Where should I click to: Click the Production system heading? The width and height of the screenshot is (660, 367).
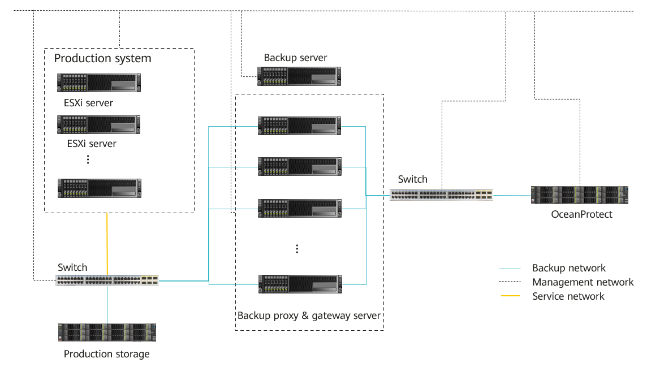pos(102,58)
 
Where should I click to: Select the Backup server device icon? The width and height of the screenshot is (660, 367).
pos(299,76)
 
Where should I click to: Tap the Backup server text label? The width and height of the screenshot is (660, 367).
pos(295,58)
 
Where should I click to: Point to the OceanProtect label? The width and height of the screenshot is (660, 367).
pos(582,214)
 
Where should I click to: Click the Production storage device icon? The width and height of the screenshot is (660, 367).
pos(107,333)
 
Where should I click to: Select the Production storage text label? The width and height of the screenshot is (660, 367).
pos(106,354)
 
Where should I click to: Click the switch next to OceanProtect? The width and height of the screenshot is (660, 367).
pos(441,195)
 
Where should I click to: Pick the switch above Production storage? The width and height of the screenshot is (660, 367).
pos(107,280)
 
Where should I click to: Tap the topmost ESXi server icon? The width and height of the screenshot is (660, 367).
pos(99,83)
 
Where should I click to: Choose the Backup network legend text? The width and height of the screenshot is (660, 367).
pos(568,268)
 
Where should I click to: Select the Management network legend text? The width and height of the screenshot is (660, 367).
pos(583,282)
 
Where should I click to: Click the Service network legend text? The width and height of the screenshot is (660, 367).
pos(568,296)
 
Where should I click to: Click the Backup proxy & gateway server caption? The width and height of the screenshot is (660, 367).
pos(309,315)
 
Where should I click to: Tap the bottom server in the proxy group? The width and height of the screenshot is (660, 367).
pos(299,284)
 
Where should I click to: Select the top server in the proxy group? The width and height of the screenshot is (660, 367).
pos(299,126)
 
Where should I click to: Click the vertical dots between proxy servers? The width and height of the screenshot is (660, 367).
pos(297,249)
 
